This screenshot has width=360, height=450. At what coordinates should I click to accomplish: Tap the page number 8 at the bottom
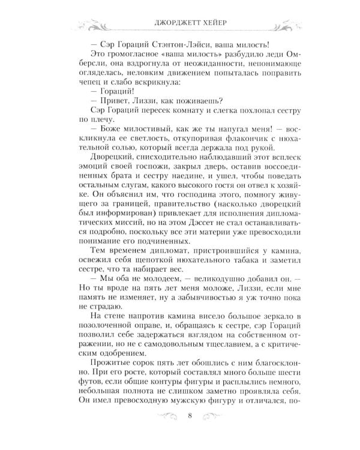coord(189,431)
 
